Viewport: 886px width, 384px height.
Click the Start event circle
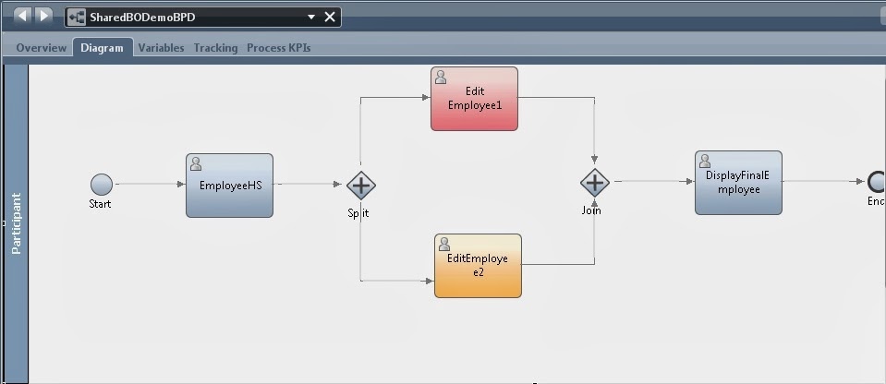point(102,185)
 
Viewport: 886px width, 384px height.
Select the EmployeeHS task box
point(229,186)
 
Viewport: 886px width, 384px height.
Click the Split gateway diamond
point(360,186)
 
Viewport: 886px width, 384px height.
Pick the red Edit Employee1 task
point(474,99)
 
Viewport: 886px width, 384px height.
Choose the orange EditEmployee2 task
point(478,266)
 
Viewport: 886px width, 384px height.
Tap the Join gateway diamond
point(594,183)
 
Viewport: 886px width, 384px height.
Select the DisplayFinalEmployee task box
point(738,183)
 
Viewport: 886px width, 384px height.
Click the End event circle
point(877,182)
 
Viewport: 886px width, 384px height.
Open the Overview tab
point(41,48)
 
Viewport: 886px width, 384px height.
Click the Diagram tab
point(102,48)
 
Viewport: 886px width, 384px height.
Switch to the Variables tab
point(161,48)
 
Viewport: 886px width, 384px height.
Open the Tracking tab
point(215,48)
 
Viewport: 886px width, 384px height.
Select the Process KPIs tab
point(278,48)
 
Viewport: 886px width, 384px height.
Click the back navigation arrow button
point(22,16)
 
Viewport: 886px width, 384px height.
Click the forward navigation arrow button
point(44,16)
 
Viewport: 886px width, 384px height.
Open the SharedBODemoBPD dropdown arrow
point(311,17)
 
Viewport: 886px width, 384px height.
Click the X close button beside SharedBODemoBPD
point(330,17)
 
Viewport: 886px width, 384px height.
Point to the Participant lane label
point(16,223)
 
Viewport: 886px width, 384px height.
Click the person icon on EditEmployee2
point(444,244)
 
